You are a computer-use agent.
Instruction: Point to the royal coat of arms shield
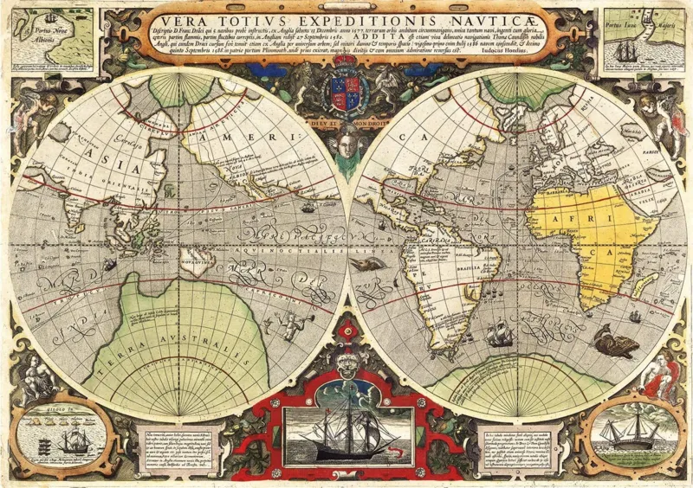click(x=346, y=90)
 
